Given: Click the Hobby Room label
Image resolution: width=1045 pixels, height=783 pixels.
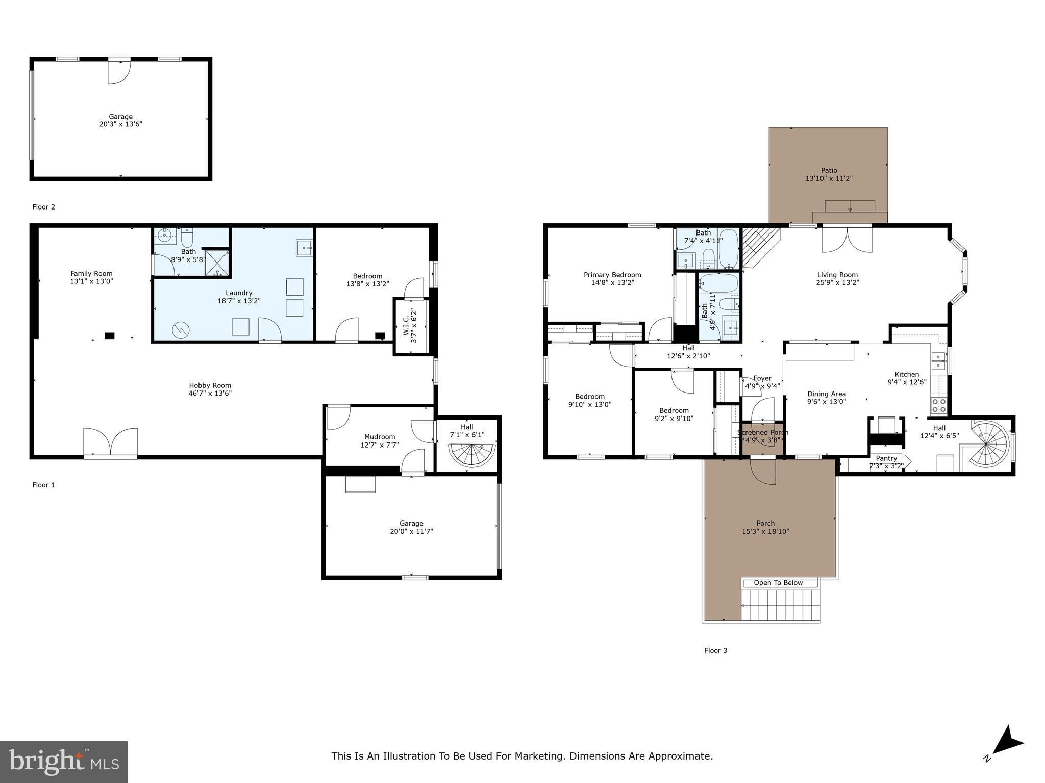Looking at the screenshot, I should (210, 385).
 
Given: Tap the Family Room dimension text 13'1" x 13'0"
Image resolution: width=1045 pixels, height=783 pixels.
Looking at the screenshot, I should (91, 281).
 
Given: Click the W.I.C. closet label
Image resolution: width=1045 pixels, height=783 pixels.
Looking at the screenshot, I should (406, 326).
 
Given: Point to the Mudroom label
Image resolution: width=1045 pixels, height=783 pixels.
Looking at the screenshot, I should (380, 437).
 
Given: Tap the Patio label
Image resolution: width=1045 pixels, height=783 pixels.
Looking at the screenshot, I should (829, 170).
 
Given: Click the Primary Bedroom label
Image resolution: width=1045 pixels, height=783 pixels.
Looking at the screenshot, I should (612, 275).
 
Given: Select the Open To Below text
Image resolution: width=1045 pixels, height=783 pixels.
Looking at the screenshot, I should (778, 583).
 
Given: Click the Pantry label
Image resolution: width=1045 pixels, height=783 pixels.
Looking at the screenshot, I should (886, 458).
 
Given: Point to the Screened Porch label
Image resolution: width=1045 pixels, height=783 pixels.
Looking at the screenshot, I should (762, 432).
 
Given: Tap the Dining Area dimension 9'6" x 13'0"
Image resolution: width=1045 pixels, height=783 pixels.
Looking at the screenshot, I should (827, 401).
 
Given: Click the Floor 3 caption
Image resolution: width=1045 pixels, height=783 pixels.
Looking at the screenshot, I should (715, 650).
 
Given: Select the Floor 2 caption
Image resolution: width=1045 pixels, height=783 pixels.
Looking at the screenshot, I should (43, 207).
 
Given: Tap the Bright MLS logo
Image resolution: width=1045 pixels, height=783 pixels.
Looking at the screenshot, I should (64, 762).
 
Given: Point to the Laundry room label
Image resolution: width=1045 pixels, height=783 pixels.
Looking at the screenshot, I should (239, 293).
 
